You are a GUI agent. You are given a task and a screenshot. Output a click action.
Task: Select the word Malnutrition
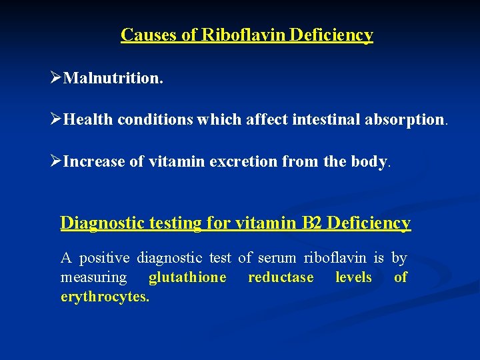point(113,79)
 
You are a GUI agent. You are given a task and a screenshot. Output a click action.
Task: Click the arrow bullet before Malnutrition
point(56,78)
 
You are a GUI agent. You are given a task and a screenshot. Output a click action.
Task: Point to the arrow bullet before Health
point(56,119)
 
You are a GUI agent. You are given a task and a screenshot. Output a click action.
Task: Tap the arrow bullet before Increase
point(56,161)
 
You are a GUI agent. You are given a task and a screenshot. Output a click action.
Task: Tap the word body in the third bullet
point(369,161)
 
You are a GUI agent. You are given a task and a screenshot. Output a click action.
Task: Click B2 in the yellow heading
point(313,223)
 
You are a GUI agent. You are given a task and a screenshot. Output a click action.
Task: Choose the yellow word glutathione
point(187,277)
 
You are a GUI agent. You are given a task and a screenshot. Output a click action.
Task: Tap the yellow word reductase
point(281,277)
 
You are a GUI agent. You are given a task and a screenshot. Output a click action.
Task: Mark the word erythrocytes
point(105,297)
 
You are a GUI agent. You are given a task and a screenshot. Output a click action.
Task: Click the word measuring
point(93,277)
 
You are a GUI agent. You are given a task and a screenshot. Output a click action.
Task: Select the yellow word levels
point(353,277)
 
